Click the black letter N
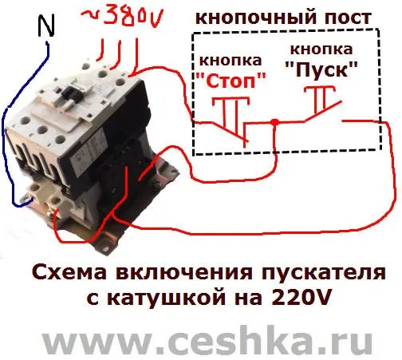pos(46,26)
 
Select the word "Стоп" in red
pos(231,81)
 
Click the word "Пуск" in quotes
pos(321,69)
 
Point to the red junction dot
pos(275,122)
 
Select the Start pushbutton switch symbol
pos(322,104)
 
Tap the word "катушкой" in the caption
pos(167,299)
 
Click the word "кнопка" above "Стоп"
pos(231,61)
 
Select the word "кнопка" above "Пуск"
pos(321,49)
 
